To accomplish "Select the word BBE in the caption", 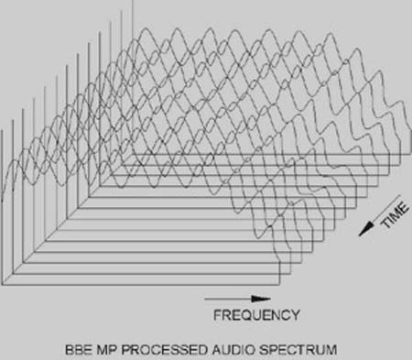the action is (80, 349).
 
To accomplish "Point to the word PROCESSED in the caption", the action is (152, 349).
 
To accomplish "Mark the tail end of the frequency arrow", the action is (206, 299).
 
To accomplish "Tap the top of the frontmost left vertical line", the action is (4, 128).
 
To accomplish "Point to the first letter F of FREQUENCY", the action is (217, 316).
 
